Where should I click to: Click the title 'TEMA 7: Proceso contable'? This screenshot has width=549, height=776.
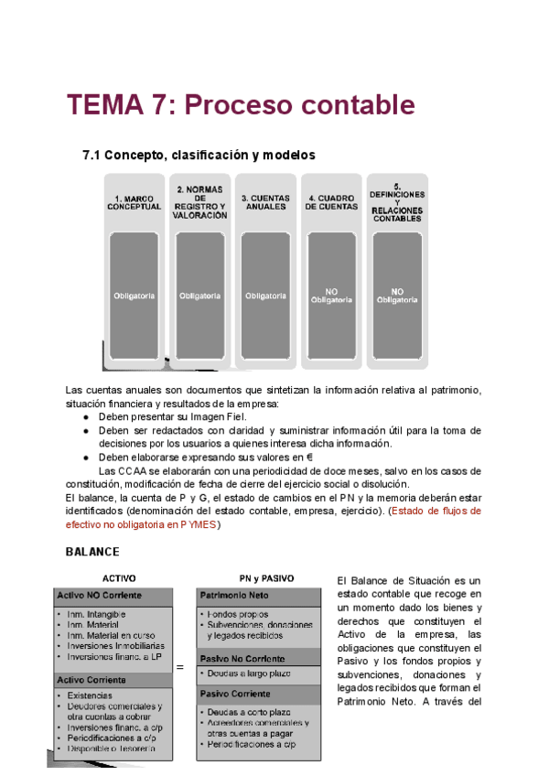pyautogui.click(x=241, y=105)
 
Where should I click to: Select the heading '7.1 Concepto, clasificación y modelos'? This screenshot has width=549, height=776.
pyautogui.click(x=199, y=155)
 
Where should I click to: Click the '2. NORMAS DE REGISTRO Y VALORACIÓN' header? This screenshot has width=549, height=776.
pyautogui.click(x=200, y=201)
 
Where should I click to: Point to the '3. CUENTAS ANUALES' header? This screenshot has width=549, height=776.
pyautogui.click(x=264, y=201)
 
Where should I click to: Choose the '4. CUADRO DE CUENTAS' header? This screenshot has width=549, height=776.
pyautogui.click(x=330, y=201)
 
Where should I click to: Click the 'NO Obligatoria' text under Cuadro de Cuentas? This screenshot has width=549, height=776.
pyautogui.click(x=330, y=295)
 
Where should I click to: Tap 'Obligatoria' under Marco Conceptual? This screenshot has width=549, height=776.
pyautogui.click(x=135, y=296)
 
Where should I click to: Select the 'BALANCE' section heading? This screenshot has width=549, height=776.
pyautogui.click(x=92, y=553)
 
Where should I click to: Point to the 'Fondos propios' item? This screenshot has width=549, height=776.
pyautogui.click(x=238, y=613)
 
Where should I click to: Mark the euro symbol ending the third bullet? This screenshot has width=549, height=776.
pyautogui.click(x=310, y=457)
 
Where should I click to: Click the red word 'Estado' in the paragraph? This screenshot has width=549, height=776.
pyautogui.click(x=412, y=512)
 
